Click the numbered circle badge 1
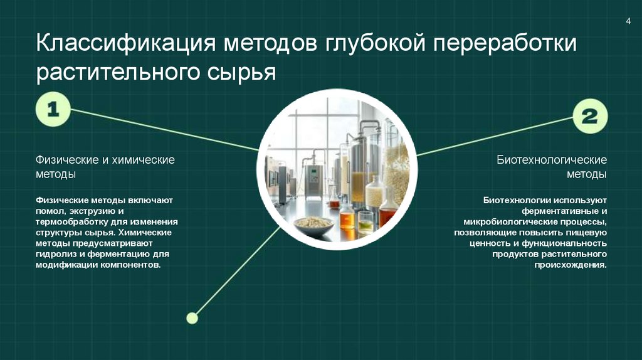(53, 110)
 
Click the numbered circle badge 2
(589, 117)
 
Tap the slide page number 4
(628, 23)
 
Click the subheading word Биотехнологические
(552, 160)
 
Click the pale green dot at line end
(192, 318)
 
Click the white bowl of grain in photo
(313, 223)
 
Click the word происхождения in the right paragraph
(571, 265)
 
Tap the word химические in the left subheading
(143, 160)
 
